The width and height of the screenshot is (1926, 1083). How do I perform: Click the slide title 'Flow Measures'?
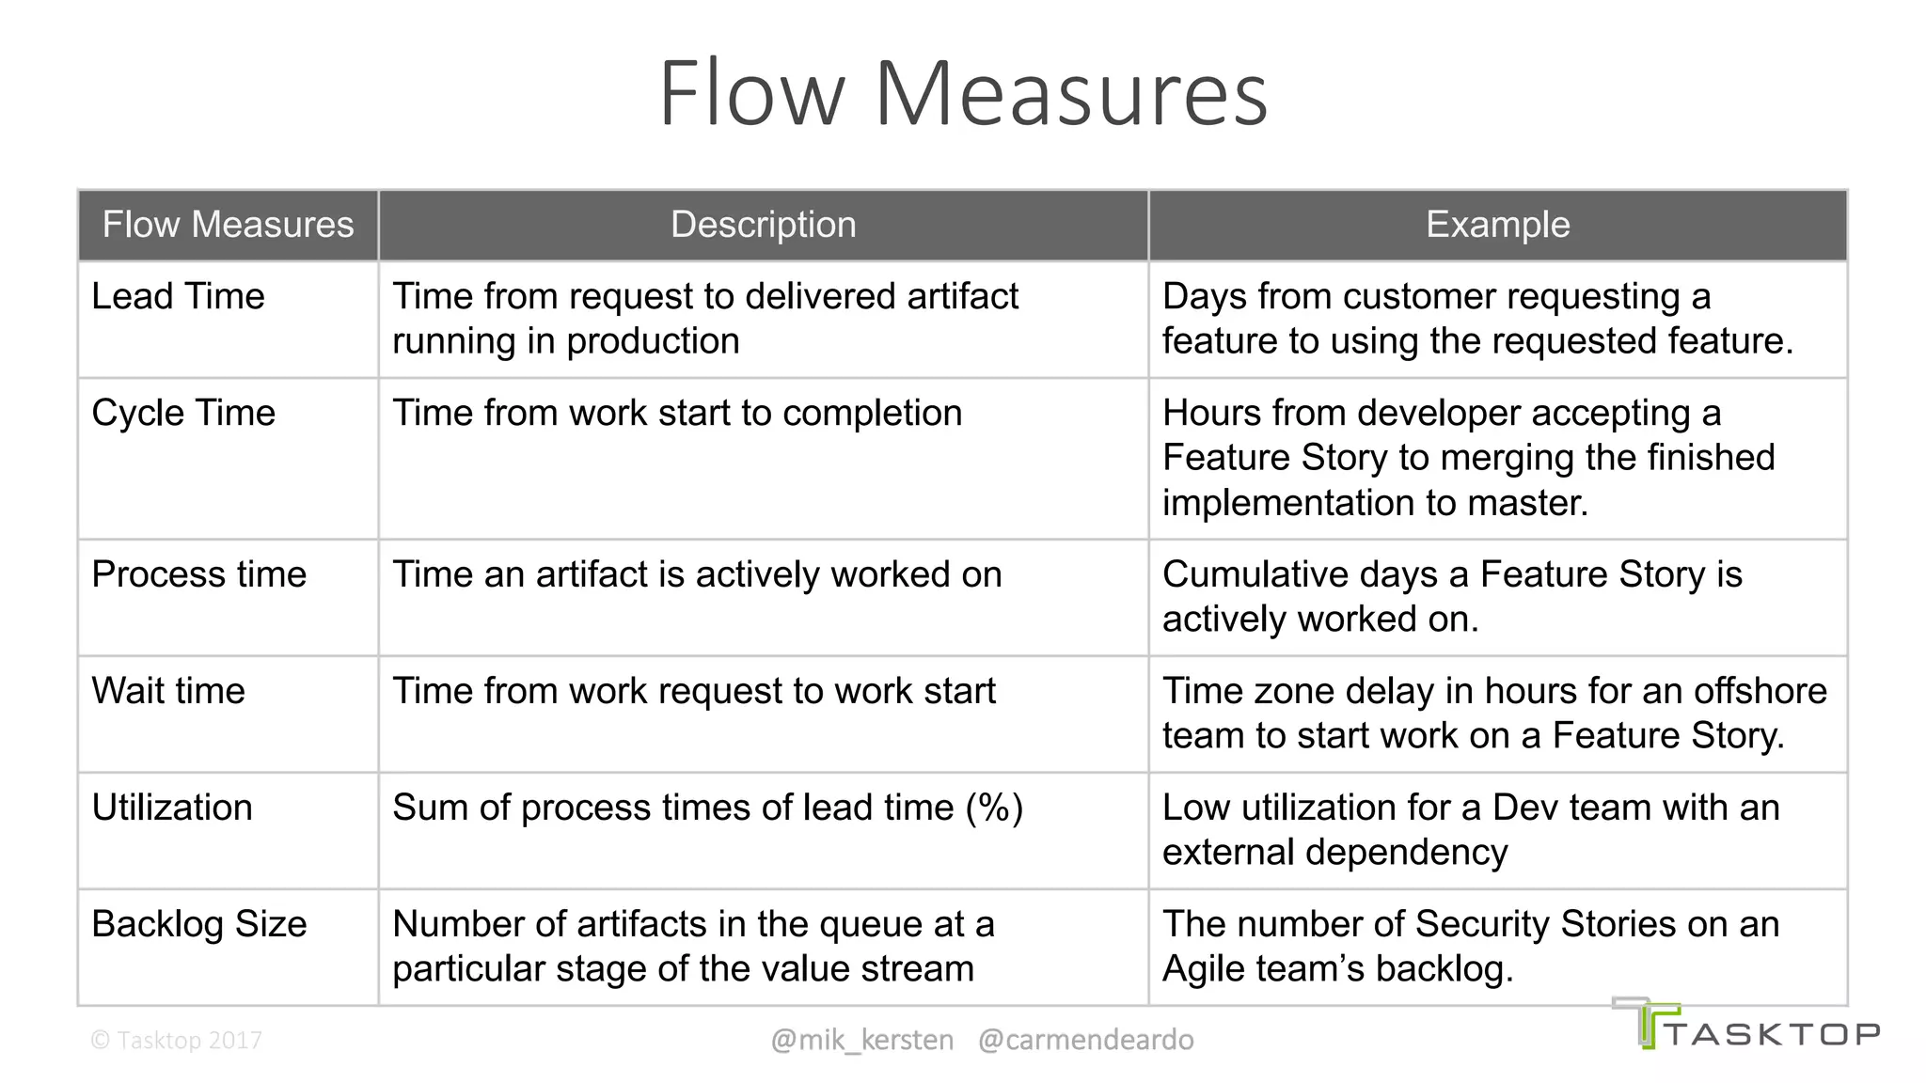click(x=963, y=94)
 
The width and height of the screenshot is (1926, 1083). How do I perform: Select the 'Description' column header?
click(x=763, y=225)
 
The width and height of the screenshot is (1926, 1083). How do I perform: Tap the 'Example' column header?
click(x=1497, y=225)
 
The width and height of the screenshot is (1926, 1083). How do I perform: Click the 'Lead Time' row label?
click(x=178, y=297)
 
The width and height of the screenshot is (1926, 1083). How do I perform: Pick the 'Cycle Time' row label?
click(x=183, y=414)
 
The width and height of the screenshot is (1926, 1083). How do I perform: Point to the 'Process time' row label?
click(x=198, y=574)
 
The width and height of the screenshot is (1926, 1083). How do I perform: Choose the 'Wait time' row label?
click(x=168, y=691)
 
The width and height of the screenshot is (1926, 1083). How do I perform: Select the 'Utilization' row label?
click(x=172, y=808)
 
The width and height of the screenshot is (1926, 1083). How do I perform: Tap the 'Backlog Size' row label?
click(x=198, y=924)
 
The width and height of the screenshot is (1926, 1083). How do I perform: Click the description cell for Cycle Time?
click(x=677, y=414)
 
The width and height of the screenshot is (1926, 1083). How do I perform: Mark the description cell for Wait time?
click(x=694, y=691)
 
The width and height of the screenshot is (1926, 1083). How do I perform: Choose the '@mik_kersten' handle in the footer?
click(x=861, y=1040)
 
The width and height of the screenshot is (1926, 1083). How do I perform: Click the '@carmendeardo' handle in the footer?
click(x=1085, y=1040)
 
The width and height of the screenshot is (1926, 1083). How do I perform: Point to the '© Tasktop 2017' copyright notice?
click(x=176, y=1040)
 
